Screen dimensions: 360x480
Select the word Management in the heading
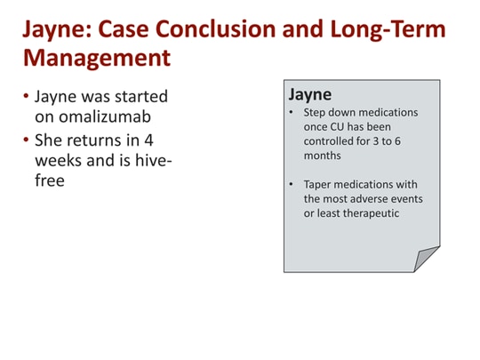click(96, 59)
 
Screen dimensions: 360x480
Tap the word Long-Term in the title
click(398, 28)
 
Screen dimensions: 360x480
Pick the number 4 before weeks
click(149, 140)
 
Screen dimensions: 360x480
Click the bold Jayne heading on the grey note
click(310, 94)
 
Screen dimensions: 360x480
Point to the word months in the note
click(322, 155)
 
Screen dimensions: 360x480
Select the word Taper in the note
click(318, 185)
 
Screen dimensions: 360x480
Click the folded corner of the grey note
click(428, 260)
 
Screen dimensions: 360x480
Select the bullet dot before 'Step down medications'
click(292, 113)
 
